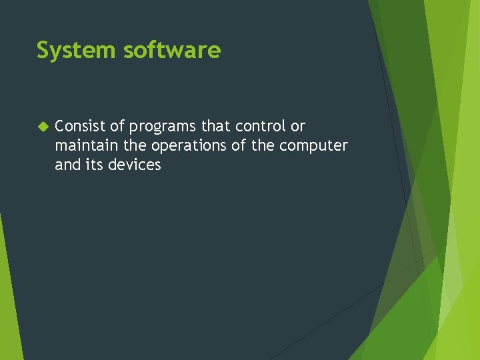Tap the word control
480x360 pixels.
click(259, 126)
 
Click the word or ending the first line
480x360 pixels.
click(298, 126)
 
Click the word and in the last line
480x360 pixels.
click(67, 165)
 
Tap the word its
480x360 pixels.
click(93, 165)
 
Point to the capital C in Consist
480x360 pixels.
click(59, 126)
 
